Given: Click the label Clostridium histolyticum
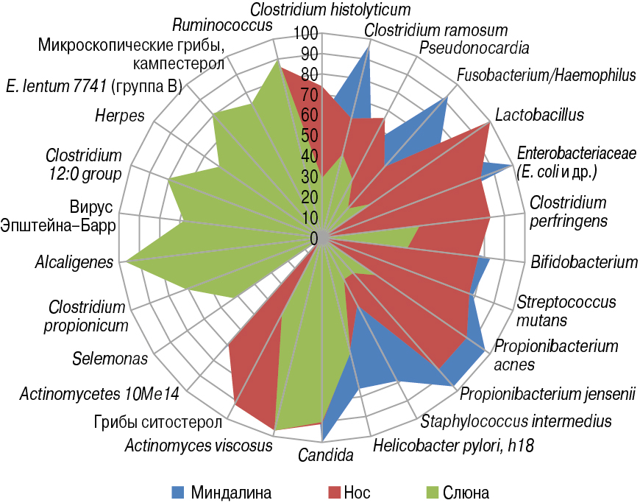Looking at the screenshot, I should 330,10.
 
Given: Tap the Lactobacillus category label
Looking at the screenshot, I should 539,115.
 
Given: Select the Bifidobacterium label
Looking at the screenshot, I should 584,261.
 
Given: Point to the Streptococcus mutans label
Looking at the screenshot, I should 566,310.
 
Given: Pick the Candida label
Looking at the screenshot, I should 326,455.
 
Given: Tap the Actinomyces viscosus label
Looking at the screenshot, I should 199,446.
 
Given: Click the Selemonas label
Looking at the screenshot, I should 110,359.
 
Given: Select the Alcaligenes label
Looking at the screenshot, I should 74,261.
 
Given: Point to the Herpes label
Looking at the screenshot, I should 119,116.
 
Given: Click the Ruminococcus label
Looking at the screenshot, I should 222,26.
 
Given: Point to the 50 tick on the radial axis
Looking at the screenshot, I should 308,136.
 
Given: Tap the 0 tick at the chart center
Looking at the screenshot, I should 313,238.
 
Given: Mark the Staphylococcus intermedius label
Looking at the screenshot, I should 516,421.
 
